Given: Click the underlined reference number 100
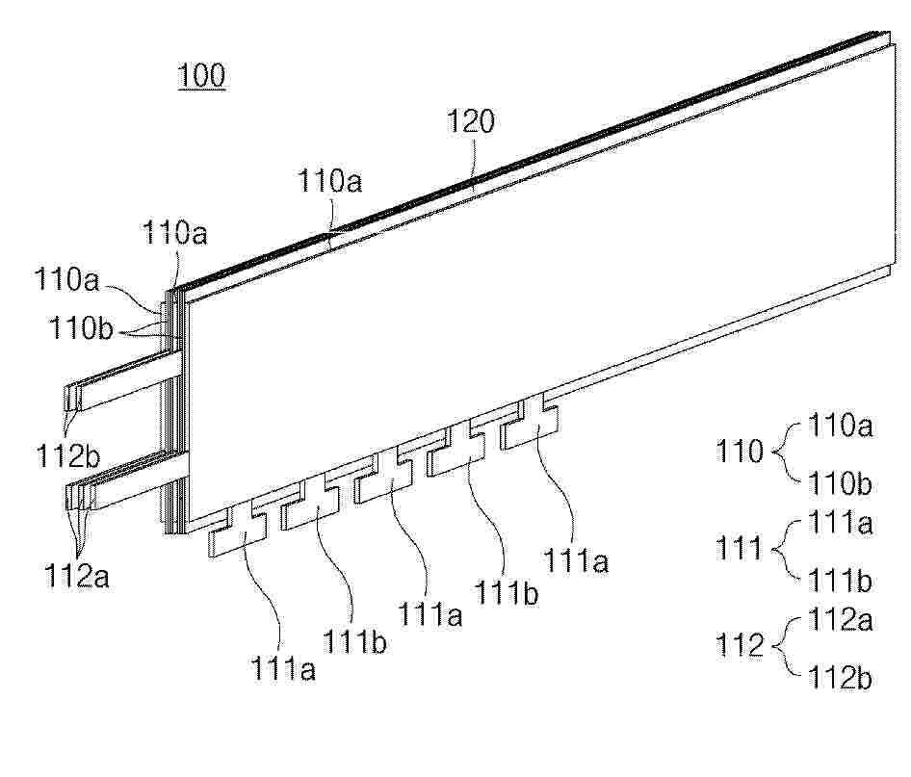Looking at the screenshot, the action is click(x=201, y=76).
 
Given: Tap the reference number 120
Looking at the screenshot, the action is click(x=471, y=121).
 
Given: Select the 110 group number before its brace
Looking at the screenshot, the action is click(x=739, y=452).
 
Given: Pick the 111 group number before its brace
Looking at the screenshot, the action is click(x=739, y=548).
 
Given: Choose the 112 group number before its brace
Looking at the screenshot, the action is click(x=739, y=645).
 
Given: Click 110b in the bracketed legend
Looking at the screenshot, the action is click(x=840, y=483).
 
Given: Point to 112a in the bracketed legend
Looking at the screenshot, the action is click(x=840, y=620).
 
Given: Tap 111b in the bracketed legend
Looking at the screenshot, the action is click(x=840, y=581).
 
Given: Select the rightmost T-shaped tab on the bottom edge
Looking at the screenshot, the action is click(x=530, y=423).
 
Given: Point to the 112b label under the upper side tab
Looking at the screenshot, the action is click(x=68, y=455).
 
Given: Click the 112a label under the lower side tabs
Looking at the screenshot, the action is click(x=77, y=576).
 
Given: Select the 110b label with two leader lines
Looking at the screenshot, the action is click(x=81, y=328).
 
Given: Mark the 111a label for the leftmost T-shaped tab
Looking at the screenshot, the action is click(x=283, y=668).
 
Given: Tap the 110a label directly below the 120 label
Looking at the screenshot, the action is click(x=330, y=181).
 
